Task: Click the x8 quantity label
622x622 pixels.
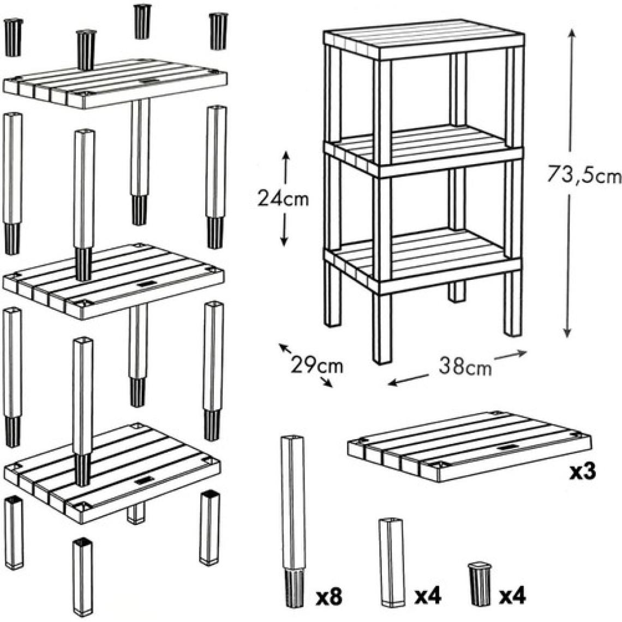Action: pyautogui.click(x=329, y=597)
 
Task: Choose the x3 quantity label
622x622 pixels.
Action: pyautogui.click(x=583, y=472)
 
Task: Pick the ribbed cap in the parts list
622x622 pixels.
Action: pyautogui.click(x=479, y=581)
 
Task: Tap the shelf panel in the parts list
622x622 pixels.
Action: pyautogui.click(x=469, y=446)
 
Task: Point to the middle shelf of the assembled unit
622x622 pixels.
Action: pyautogui.click(x=424, y=150)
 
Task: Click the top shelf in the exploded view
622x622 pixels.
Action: pyautogui.click(x=115, y=83)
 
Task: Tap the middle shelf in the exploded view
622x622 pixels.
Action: pyautogui.click(x=113, y=281)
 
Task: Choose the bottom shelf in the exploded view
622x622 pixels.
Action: pyautogui.click(x=112, y=473)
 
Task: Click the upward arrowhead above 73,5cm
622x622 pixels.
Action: pyautogui.click(x=571, y=33)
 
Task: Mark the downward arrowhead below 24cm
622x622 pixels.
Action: pyautogui.click(x=284, y=241)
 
